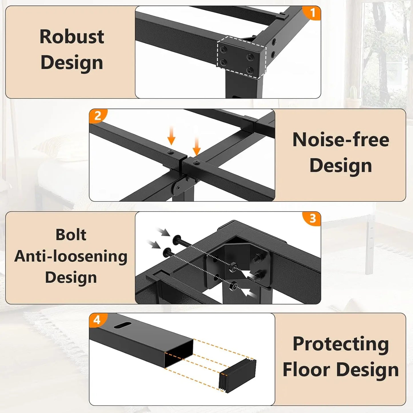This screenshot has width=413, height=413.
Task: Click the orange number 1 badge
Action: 312,13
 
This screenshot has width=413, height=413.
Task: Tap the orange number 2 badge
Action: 98,116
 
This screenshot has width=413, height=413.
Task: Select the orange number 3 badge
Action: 312,218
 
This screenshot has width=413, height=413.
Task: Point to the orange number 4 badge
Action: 97,320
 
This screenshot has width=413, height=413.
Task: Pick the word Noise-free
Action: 341,140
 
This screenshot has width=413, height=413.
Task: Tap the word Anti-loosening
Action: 71,256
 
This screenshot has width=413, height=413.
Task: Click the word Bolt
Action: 71,235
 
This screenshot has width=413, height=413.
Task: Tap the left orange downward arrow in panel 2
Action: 171,136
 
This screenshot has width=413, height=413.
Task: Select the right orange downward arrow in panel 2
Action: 196,146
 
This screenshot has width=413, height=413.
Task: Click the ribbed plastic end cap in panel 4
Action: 238,375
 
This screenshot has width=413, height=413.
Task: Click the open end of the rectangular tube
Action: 179,353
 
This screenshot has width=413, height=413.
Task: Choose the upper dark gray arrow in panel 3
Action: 164,232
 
